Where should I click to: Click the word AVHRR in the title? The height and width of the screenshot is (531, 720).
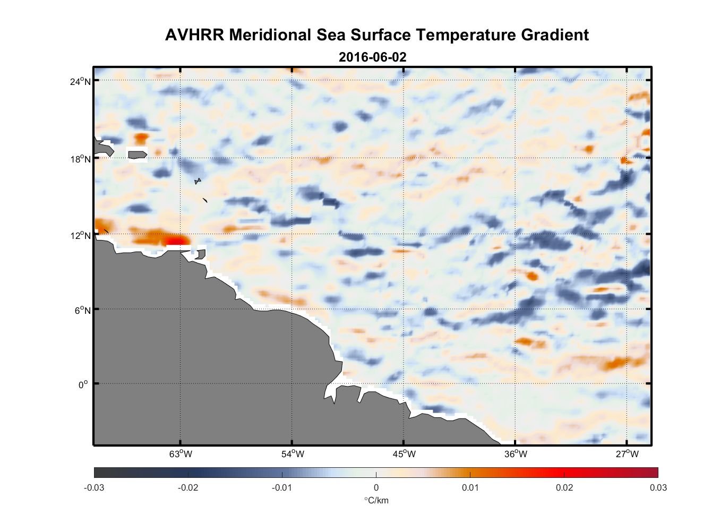(x=194, y=35)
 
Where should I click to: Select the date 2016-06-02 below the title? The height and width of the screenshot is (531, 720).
(x=372, y=57)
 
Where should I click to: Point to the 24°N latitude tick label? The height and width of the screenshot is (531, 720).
(x=80, y=81)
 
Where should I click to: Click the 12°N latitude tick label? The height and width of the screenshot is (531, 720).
(x=80, y=235)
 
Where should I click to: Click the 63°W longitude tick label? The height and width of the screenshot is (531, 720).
(x=181, y=454)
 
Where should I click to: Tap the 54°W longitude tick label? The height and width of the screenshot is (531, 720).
(x=293, y=454)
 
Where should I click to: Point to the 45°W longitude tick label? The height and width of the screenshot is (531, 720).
(x=404, y=454)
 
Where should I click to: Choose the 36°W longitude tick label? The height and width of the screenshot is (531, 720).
(x=516, y=454)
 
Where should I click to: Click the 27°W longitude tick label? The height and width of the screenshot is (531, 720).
(x=627, y=454)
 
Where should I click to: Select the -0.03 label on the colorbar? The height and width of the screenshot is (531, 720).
(x=94, y=488)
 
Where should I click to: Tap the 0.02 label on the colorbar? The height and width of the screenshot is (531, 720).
(x=564, y=488)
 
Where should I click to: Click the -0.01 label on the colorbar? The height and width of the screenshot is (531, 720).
(x=282, y=488)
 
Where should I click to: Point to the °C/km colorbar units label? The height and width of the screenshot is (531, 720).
(x=376, y=500)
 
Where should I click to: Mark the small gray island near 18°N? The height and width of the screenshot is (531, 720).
(x=138, y=155)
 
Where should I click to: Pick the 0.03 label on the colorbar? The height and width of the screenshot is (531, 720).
(x=658, y=488)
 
